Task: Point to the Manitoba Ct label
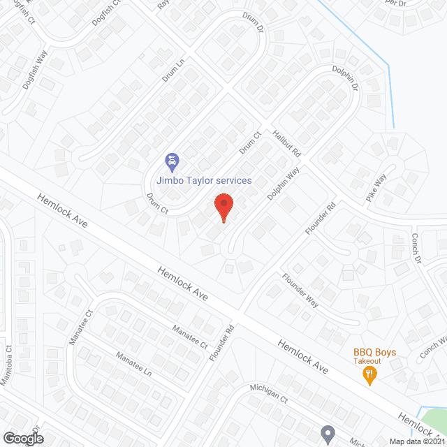[9, 367]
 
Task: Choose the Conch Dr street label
[417, 249]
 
